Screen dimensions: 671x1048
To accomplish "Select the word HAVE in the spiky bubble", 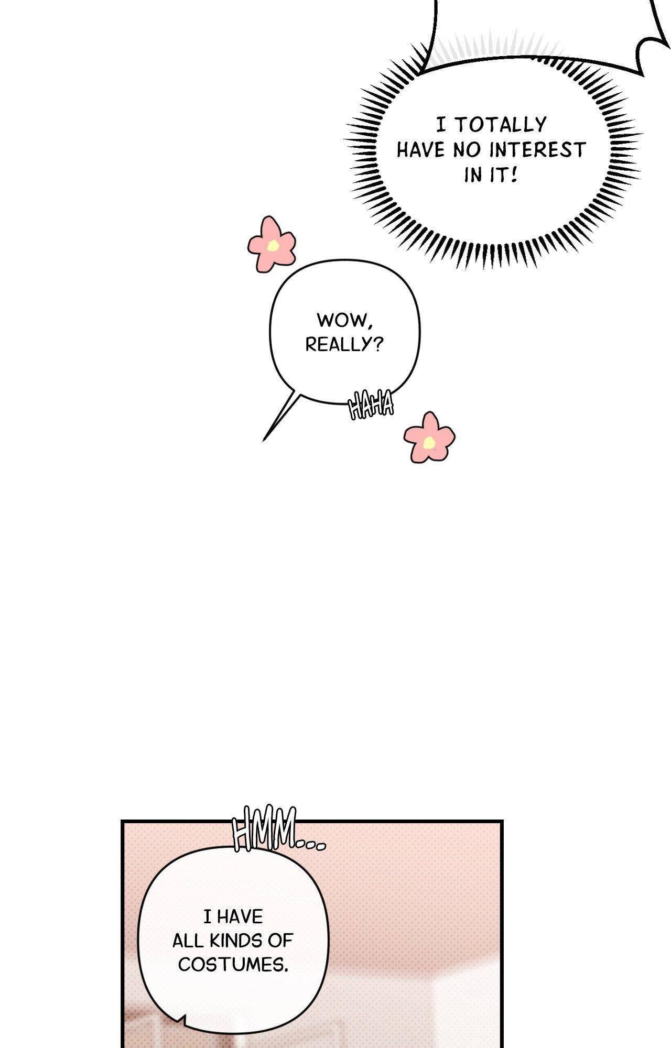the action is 421,150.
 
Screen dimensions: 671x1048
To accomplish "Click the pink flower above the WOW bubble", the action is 272,244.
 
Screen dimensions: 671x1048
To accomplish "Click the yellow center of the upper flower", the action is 273,245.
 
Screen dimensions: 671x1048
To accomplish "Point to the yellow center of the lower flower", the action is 429,443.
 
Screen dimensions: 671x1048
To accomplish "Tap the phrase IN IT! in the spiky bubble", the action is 491,175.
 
